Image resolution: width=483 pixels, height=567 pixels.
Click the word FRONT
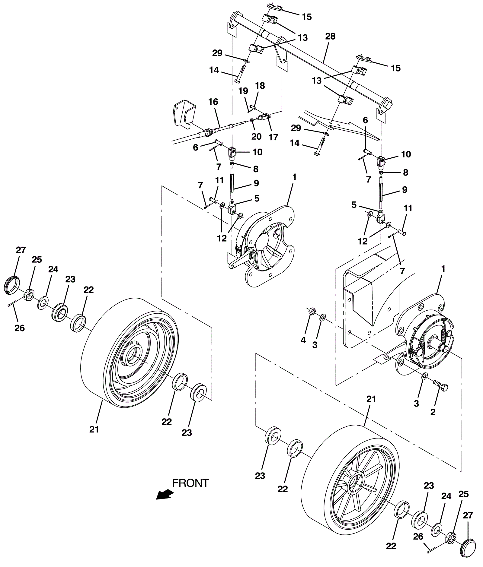(190, 483)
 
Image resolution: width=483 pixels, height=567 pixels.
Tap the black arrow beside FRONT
(164, 495)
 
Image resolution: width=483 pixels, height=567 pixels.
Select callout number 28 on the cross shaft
(330, 36)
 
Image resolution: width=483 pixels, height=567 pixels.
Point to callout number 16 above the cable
(213, 102)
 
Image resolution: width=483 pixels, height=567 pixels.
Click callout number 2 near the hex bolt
(433, 412)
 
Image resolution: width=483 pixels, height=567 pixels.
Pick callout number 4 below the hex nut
(303, 340)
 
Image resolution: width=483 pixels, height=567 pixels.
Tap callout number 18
(260, 86)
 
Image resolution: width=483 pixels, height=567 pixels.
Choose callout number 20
(256, 136)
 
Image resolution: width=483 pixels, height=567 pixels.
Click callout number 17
(273, 137)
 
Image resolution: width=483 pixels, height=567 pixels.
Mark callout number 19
(243, 91)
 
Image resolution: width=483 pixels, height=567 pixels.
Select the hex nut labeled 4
(313, 311)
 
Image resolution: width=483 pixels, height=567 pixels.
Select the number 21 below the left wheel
(94, 429)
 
